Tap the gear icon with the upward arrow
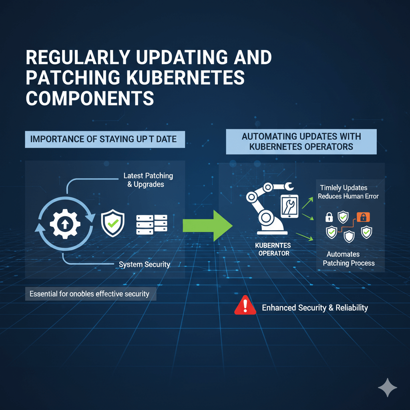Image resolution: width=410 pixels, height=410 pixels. [65, 224]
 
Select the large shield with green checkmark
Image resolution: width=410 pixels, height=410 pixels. [113, 223]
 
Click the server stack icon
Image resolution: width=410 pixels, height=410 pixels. [152, 225]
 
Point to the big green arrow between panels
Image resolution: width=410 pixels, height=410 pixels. [208, 225]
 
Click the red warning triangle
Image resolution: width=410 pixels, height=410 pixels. [245, 305]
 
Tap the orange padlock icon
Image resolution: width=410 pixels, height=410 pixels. [363, 217]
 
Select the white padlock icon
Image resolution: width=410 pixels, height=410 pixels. [329, 217]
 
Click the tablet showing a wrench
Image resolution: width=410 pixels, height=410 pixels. [289, 206]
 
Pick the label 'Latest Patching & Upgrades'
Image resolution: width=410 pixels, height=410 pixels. [148, 180]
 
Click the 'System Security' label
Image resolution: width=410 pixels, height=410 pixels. [144, 264]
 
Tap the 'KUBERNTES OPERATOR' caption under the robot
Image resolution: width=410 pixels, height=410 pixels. [273, 249]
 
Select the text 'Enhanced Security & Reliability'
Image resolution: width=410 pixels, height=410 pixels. [315, 308]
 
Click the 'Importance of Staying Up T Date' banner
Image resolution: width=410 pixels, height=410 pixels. [105, 139]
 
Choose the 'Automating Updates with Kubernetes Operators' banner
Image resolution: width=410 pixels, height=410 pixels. [301, 141]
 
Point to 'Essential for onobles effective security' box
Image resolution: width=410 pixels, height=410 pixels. [91, 294]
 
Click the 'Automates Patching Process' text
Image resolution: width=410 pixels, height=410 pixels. [349, 259]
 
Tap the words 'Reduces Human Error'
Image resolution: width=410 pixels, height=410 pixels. [348, 196]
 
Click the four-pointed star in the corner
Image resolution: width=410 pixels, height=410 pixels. [387, 387]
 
